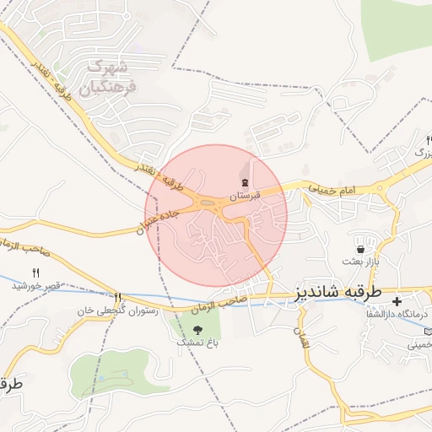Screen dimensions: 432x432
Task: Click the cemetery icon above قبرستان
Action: (244, 182)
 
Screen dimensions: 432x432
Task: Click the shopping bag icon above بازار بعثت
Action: (361, 250)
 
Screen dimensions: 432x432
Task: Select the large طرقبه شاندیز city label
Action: (338, 292)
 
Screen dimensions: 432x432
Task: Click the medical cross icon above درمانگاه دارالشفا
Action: (397, 300)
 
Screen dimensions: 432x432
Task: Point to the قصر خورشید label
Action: (36, 285)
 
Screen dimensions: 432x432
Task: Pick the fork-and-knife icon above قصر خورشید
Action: (35, 272)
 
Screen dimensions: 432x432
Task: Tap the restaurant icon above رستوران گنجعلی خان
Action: (117, 297)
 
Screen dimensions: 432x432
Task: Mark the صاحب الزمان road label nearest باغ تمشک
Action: (242, 300)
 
